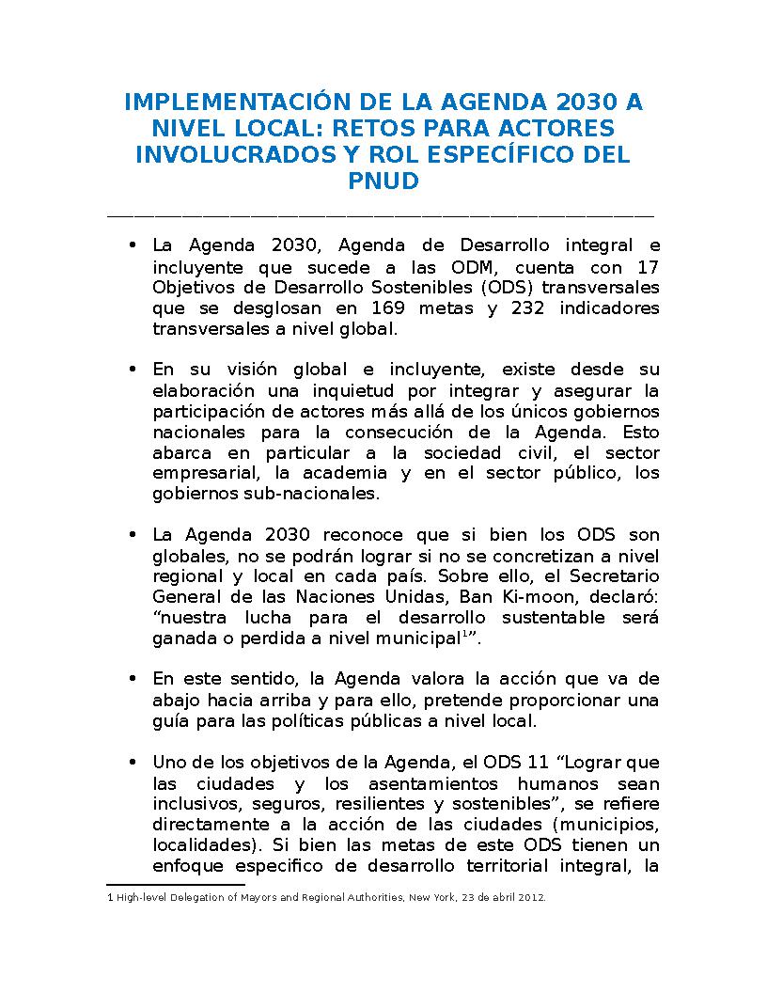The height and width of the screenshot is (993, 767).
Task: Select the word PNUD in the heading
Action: [x=383, y=181]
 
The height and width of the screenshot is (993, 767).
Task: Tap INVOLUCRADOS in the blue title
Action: [x=235, y=154]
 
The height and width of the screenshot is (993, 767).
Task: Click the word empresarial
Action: [x=201, y=473]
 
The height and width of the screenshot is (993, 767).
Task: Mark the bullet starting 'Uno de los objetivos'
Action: [x=133, y=763]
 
